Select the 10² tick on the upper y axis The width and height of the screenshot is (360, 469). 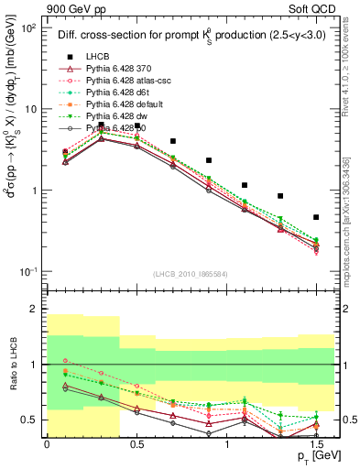pos(28,27)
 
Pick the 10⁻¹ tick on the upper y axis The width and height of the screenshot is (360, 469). pos(28,272)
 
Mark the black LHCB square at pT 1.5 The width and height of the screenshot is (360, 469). pos(316,217)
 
